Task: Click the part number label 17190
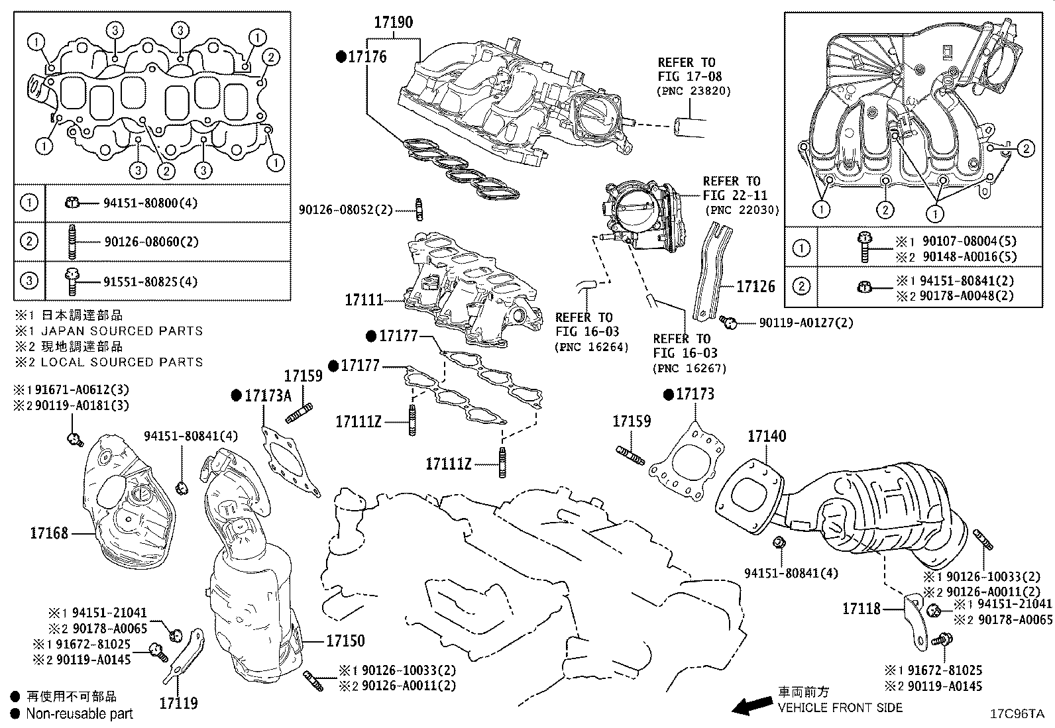point(393,23)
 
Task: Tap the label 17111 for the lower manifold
point(364,300)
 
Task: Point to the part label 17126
point(755,287)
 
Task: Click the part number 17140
point(767,437)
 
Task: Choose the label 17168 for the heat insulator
point(49,533)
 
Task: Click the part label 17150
point(345,641)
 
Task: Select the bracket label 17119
point(178,703)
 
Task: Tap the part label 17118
point(861,608)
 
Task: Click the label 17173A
point(268,396)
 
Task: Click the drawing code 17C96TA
point(1017,713)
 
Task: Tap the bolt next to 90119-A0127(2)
point(730,323)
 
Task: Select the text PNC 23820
point(693,91)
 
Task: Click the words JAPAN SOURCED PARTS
point(122,331)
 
